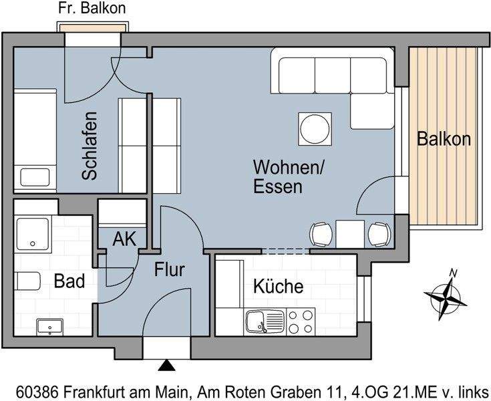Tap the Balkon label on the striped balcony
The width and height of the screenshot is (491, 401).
(444, 139)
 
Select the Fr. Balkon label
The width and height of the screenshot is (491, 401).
(92, 9)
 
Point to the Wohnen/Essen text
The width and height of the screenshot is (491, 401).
(288, 176)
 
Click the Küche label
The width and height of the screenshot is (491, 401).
(278, 287)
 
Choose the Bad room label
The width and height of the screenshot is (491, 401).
(69, 281)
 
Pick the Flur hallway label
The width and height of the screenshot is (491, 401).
(169, 270)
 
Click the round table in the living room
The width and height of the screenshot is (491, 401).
(314, 128)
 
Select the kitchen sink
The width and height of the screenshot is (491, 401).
(258, 321)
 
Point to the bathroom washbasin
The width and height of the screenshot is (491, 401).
(49, 326)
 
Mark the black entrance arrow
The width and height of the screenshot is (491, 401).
(166, 366)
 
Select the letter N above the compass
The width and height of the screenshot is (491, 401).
(453, 273)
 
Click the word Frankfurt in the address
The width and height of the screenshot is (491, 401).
(104, 390)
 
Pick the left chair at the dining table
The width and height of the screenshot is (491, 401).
(321, 234)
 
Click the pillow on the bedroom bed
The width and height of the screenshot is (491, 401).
(34, 178)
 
